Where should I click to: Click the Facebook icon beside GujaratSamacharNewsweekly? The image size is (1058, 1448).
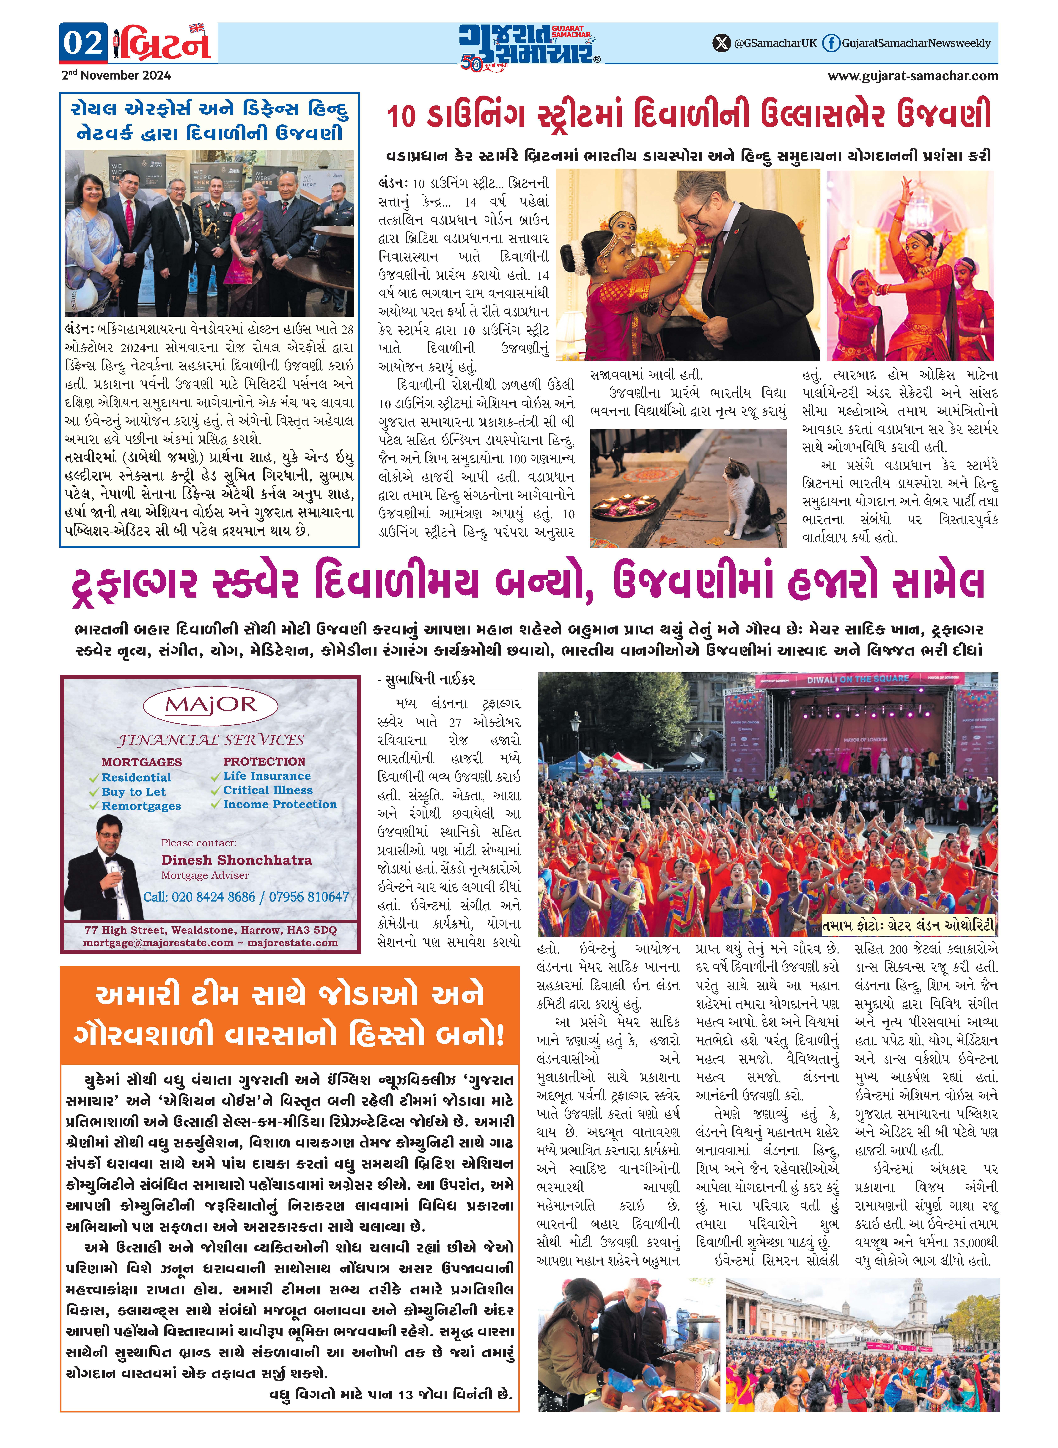tap(831, 43)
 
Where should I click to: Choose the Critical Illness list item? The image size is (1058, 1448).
tap(268, 790)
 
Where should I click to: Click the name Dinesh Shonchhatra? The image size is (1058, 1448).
tap(236, 860)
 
